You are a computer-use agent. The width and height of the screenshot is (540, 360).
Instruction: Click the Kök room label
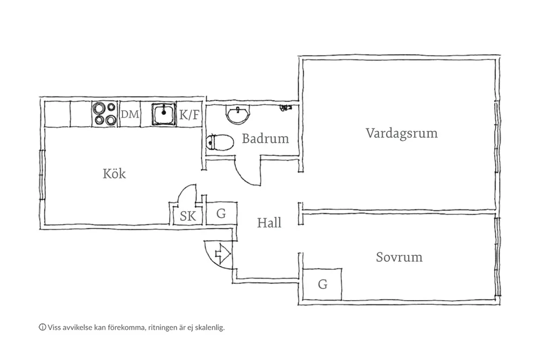pos(114,174)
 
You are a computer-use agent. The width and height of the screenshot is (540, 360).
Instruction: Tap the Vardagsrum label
pos(401,133)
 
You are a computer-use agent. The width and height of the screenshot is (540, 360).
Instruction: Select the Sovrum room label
pos(399,257)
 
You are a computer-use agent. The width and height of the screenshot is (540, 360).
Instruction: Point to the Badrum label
pos(265,139)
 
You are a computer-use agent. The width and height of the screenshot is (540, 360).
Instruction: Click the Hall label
pos(269,222)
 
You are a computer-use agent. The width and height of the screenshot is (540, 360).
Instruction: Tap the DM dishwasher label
pos(130,114)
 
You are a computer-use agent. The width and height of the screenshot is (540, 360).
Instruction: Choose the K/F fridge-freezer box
pos(189,114)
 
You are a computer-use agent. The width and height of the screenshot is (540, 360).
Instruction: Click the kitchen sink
pos(163,114)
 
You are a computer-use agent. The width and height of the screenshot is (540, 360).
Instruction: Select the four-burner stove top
pos(104,114)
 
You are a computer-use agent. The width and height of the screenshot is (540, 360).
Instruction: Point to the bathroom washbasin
pos(237,115)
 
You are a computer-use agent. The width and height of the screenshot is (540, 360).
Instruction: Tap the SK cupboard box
pos(187,216)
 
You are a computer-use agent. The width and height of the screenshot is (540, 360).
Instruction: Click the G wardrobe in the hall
pos(221,213)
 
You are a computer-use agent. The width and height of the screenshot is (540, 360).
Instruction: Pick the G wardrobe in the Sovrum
pos(322,284)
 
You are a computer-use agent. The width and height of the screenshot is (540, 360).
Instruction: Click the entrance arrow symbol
pos(222,252)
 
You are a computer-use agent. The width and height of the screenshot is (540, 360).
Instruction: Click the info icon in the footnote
pos(42,327)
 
